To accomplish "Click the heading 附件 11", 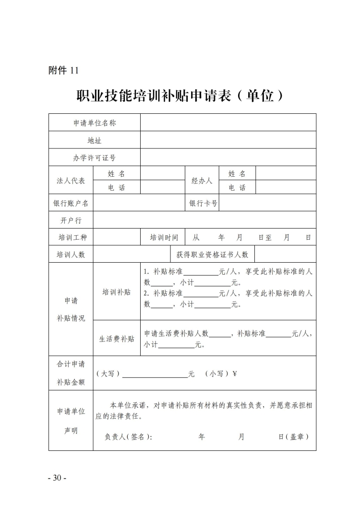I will pos(63,70).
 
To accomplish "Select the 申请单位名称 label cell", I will pos(95,123).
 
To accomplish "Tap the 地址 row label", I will pos(95,140).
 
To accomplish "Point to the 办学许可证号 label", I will pos(95,158).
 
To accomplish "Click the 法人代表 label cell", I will pos(71,181).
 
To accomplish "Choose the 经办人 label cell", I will pos(202,181).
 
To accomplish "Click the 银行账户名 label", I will pos(71,203).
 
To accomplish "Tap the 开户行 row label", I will pos(71,220).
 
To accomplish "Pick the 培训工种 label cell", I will pos(71,237).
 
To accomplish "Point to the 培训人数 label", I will pos(71,254).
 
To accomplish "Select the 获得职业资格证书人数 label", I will pos(212,254).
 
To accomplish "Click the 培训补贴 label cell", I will pos(117,292).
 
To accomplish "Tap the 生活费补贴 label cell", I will pos(117,339).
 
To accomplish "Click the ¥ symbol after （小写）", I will pos(235,374).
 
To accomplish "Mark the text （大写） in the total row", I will pos(108,374).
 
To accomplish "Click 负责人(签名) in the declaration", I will pos(128,436).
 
